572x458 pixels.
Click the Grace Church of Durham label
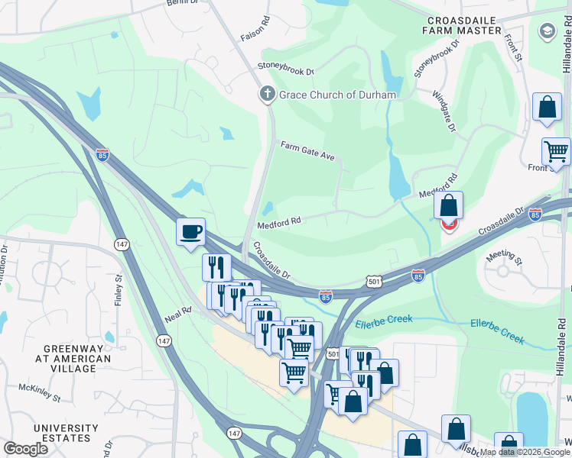[337, 95]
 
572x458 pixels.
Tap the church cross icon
[267, 95]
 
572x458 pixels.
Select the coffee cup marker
[190, 231]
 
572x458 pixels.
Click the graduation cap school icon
[547, 31]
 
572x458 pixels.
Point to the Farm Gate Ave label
[307, 150]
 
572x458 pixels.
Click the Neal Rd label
[177, 315]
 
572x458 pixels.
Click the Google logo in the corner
[26, 448]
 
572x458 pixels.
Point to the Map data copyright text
[525, 452]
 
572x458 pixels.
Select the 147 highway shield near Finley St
[121, 244]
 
